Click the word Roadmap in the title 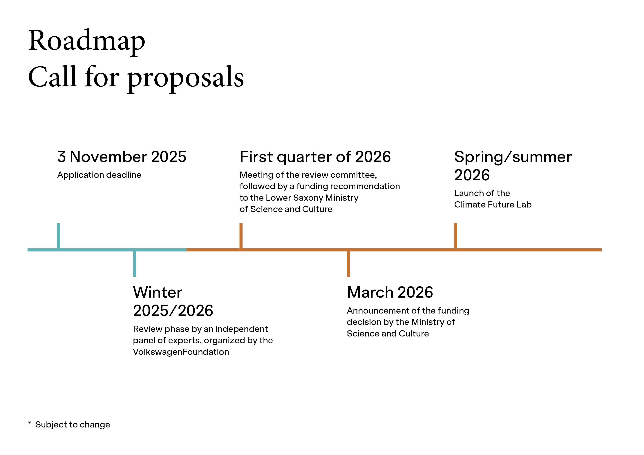(86, 41)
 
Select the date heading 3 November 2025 (122, 157)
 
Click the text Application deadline (99, 175)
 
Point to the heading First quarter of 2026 (315, 157)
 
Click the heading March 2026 (390, 292)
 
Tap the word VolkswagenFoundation (181, 352)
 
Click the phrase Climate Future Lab (493, 205)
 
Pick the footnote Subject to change (73, 424)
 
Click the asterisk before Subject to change (29, 423)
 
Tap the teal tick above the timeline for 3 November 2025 (58, 235)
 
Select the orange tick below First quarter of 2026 (241, 235)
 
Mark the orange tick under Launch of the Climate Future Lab (455, 235)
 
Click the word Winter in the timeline (158, 292)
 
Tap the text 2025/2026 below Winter (173, 311)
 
